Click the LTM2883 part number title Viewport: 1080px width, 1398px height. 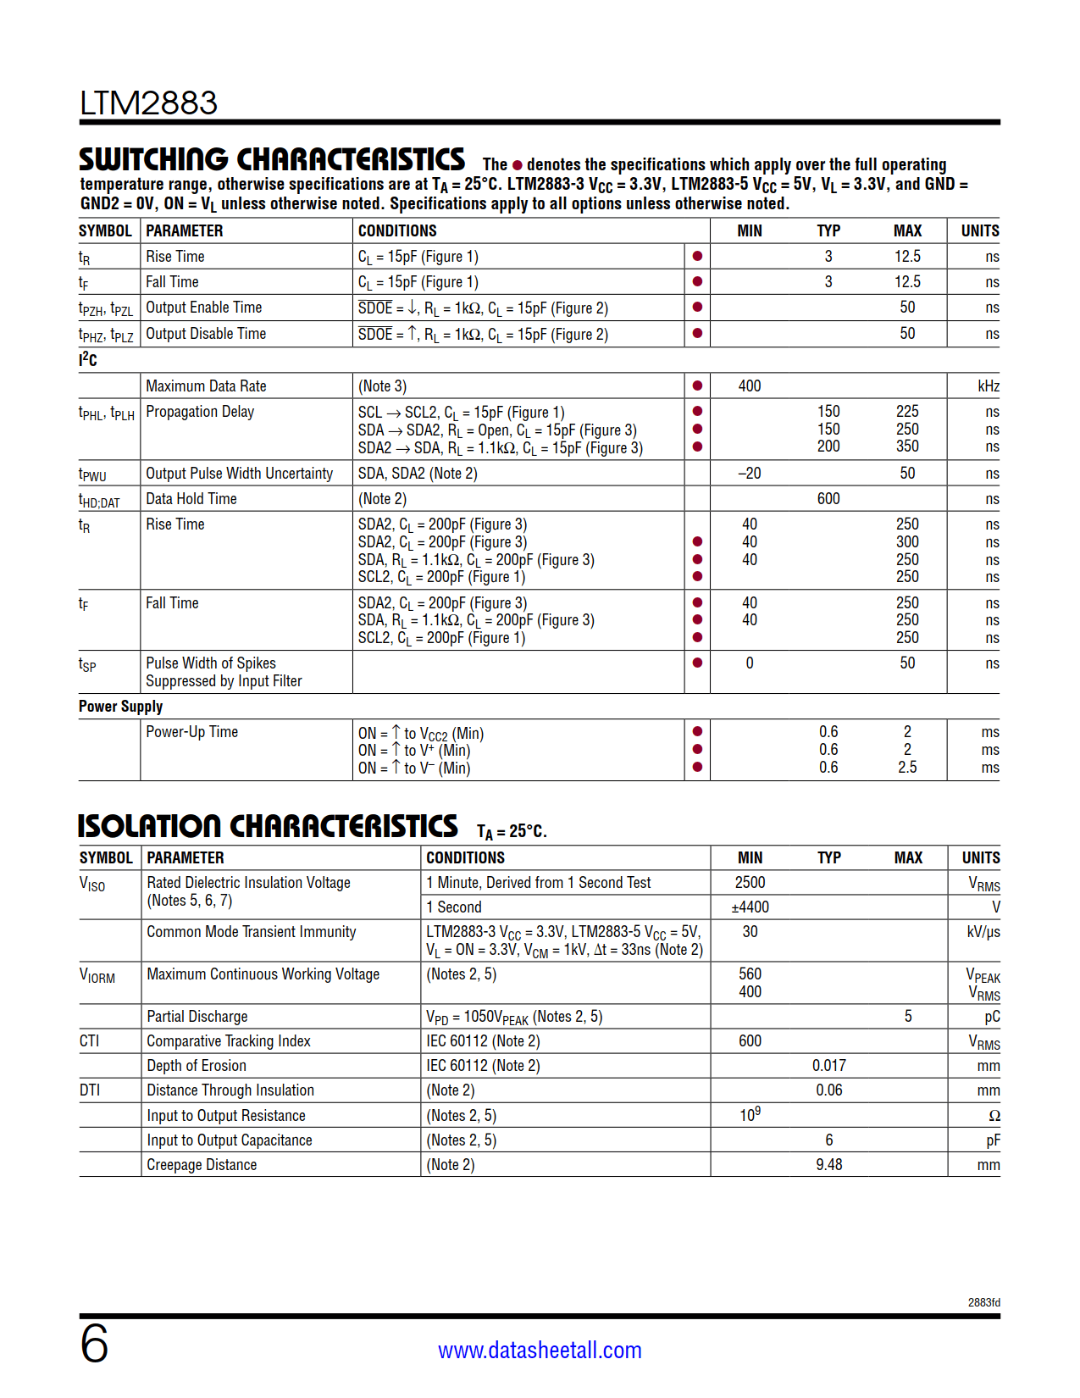148,103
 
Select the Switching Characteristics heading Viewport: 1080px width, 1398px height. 272,160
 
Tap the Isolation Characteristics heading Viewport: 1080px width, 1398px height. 268,827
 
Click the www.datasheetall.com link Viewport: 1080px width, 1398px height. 540,1350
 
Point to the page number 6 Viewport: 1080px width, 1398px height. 94,1345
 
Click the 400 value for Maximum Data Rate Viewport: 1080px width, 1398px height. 750,386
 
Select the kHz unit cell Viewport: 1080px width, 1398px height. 988,386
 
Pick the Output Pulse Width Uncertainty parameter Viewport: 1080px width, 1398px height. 239,474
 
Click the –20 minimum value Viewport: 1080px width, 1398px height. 749,474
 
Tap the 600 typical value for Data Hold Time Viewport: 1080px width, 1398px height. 828,499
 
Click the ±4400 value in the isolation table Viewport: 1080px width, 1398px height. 750,907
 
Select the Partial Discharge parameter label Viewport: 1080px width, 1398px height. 197,1017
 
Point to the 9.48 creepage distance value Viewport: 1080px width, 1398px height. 828,1165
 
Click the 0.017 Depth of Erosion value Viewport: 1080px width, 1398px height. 828,1066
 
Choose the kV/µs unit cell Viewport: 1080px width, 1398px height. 983,932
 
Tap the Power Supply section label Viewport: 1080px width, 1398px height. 120,707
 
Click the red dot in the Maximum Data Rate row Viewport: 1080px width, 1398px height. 697,386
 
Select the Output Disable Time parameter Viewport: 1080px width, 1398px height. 206,334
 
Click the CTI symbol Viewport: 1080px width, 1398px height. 89,1041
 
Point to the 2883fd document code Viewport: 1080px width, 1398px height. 983,1302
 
